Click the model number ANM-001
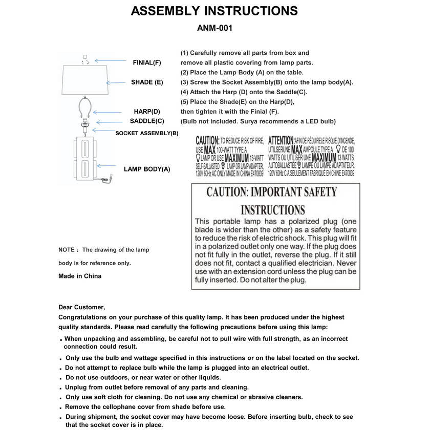214,29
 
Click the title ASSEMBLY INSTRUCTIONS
214,11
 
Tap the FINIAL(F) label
147,62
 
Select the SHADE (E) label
147,82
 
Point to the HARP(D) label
147,111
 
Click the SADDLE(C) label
147,121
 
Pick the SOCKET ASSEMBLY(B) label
147,133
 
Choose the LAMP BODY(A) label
147,169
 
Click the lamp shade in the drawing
85,81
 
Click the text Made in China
80,276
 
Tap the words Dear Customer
82,307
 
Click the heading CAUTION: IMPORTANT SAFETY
272,192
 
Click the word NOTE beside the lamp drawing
67,250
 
